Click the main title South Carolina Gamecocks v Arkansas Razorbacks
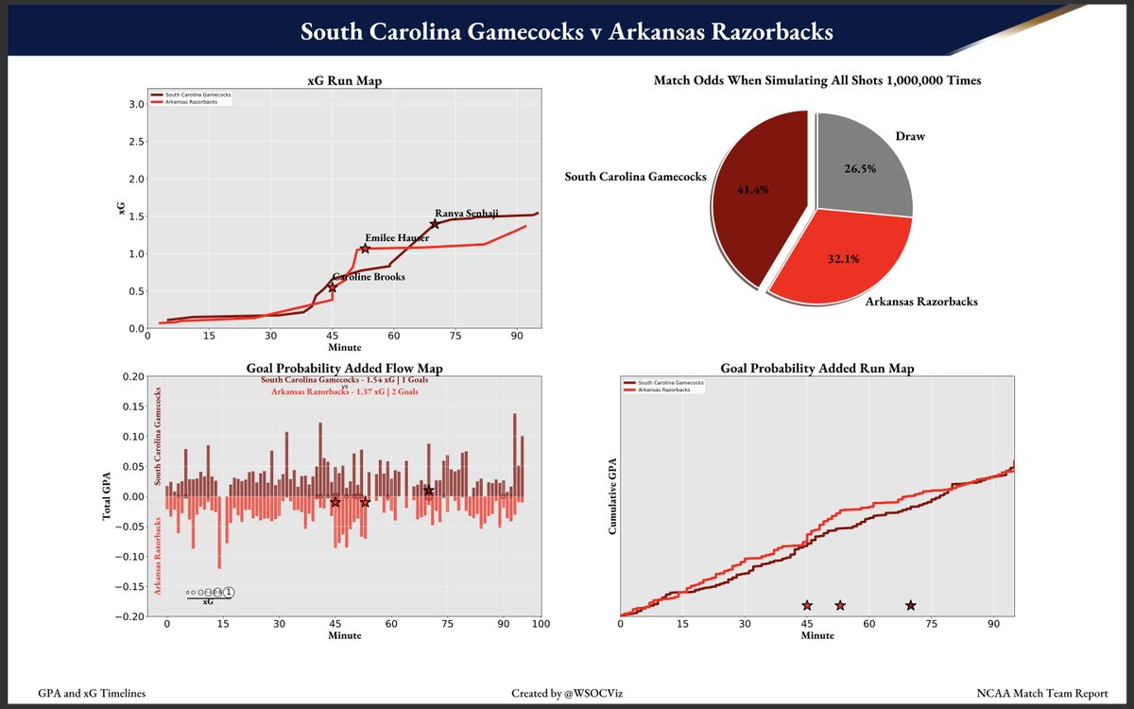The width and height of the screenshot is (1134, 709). tap(566, 31)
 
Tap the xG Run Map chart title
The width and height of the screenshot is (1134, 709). tap(343, 80)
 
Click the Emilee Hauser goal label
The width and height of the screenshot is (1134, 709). tap(397, 237)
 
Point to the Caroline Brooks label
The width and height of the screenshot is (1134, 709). tap(369, 277)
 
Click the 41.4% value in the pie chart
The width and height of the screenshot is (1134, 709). tap(752, 189)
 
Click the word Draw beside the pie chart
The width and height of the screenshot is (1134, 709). tap(910, 136)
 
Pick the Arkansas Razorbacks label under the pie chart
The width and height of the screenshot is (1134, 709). tap(921, 302)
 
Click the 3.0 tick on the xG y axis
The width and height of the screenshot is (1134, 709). tap(136, 104)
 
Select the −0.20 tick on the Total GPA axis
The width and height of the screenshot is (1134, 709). tap(130, 616)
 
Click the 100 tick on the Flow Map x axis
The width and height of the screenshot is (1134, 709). tap(541, 625)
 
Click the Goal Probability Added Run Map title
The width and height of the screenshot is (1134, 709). tap(816, 368)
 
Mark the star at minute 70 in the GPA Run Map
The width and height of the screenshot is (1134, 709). tap(910, 605)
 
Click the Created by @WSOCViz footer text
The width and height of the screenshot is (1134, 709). tap(566, 693)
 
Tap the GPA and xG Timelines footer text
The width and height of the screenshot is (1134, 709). tap(93, 693)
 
